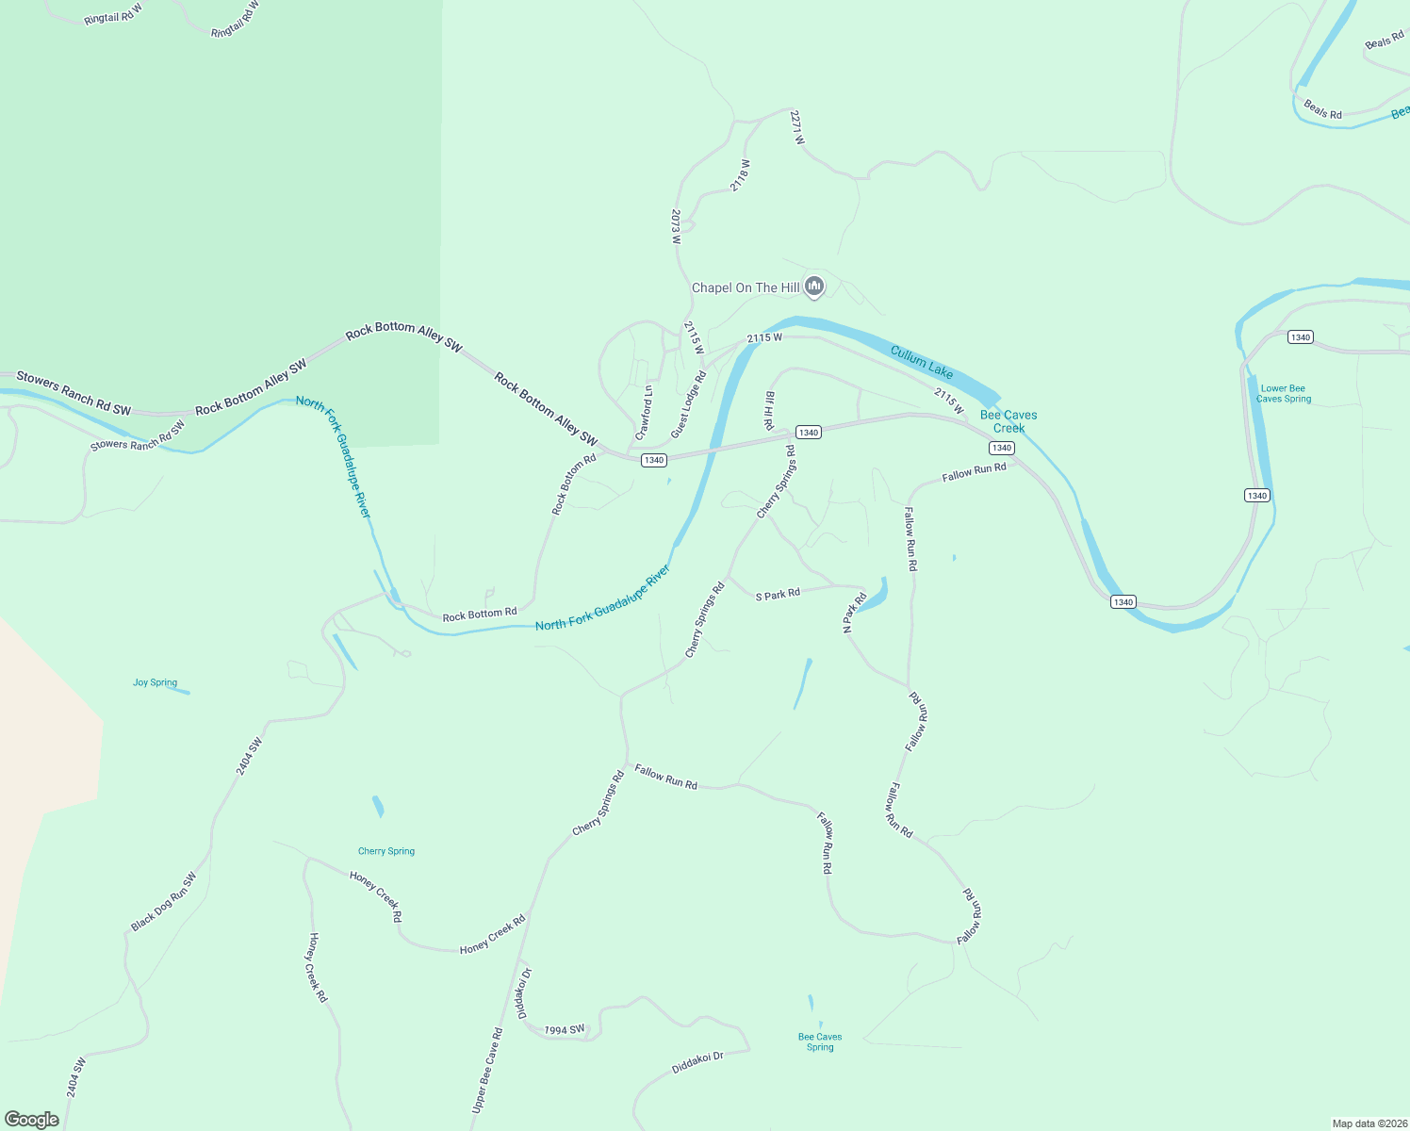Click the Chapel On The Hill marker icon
point(814,287)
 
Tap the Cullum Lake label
point(922,362)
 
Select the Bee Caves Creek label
point(1008,421)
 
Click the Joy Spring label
point(155,682)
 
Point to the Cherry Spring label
point(386,851)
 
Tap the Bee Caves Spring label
point(820,1041)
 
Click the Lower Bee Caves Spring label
point(1283,394)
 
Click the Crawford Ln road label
point(644,413)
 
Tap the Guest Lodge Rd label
point(688,405)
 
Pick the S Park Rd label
point(778,595)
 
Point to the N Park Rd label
point(854,612)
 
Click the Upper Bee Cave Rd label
point(487,1071)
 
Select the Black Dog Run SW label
point(164,902)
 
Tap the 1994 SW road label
point(565,1030)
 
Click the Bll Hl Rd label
point(769,411)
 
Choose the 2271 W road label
point(797,127)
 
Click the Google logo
point(32,1120)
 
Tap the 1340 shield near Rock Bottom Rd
point(654,460)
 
